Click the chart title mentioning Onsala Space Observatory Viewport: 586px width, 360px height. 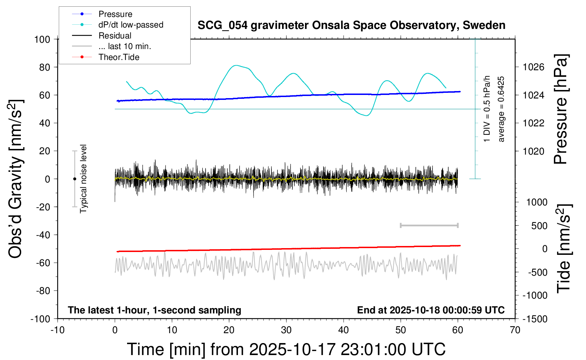(x=351, y=25)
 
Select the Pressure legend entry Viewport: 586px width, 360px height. (x=115, y=14)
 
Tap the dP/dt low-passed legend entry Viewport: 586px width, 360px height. (x=131, y=25)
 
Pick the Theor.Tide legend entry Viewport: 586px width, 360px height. (x=119, y=57)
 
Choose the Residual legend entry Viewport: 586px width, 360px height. (x=115, y=36)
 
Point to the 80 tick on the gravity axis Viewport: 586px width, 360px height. (x=44, y=67)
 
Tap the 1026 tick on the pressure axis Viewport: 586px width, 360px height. (x=533, y=67)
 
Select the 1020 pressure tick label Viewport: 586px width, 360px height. (x=533, y=151)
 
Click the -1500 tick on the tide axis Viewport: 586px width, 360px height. (x=535, y=319)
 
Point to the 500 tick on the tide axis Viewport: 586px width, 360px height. (x=539, y=226)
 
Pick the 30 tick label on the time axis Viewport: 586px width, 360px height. (x=286, y=330)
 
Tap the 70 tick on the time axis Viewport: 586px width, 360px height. (x=515, y=330)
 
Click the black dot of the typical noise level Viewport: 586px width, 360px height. (x=74, y=179)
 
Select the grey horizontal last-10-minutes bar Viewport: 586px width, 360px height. (x=429, y=225)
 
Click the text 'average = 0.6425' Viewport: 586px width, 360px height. (x=501, y=109)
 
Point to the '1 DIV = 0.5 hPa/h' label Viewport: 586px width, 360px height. (x=487, y=109)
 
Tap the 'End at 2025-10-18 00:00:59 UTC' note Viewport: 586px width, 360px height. (x=431, y=310)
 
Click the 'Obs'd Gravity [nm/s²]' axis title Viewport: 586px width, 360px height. (x=16, y=179)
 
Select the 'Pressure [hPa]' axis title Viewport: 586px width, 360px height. (x=560, y=109)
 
